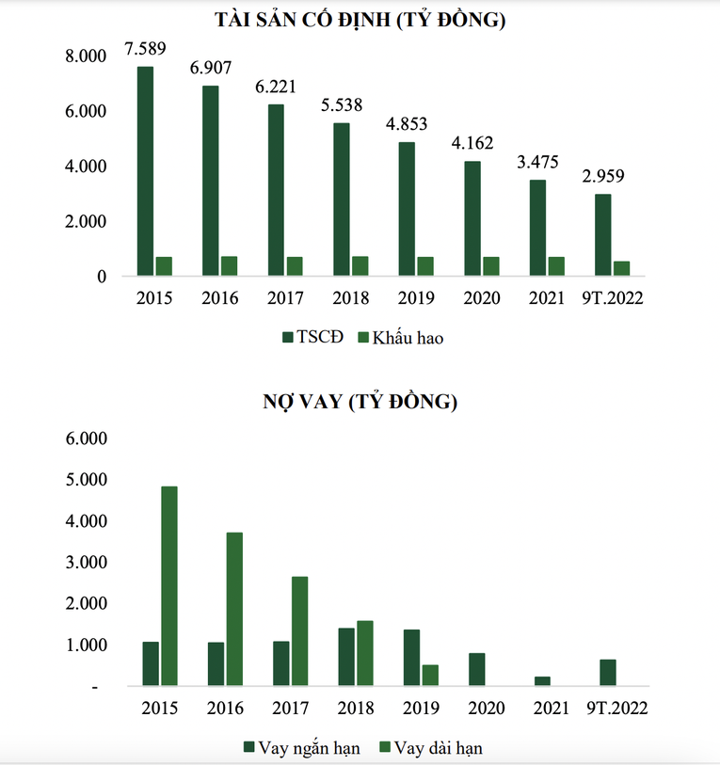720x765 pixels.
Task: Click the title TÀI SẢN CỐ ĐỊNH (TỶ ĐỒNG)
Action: coord(360,20)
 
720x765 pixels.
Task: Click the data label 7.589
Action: coord(146,48)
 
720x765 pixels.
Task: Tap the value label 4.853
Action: coord(408,124)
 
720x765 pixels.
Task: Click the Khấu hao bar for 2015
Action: coord(164,266)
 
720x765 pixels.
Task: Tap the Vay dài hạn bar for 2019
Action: coord(430,676)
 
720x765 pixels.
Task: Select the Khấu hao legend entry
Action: coord(400,338)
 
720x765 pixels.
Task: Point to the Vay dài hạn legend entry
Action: coord(432,748)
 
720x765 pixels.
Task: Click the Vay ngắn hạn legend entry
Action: coord(300,748)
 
